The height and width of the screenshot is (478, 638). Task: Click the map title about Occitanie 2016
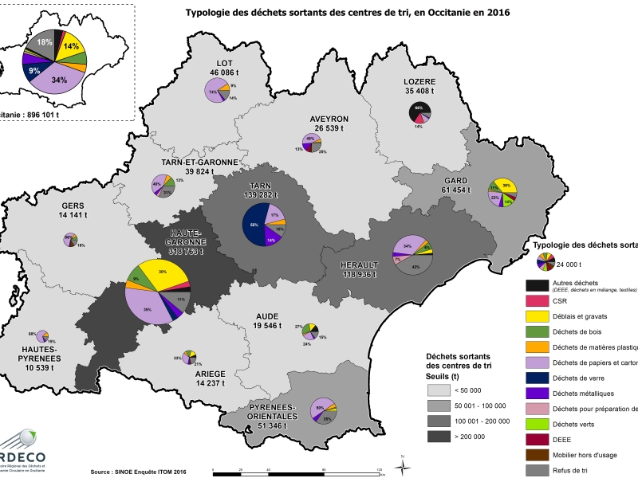click(347, 13)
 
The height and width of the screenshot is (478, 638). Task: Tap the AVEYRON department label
click(329, 119)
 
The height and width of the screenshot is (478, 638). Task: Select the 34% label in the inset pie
click(59, 80)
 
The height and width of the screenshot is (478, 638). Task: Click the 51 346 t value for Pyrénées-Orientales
click(268, 427)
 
